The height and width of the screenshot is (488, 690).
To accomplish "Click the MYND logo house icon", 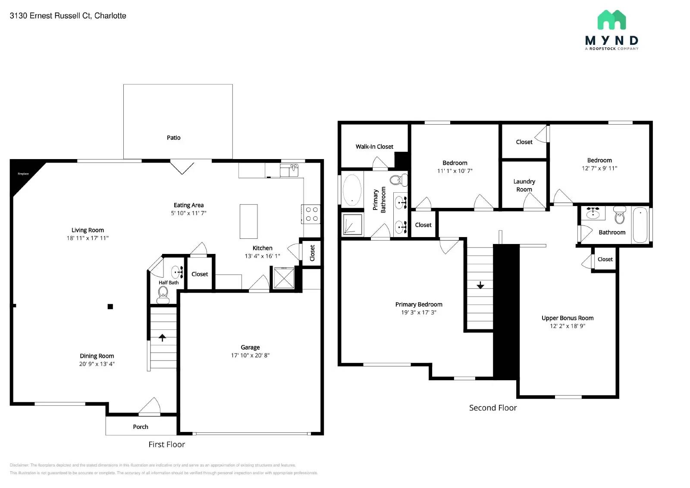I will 612,20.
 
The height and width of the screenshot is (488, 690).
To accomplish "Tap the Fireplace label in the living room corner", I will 23,174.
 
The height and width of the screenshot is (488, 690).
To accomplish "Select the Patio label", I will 173,138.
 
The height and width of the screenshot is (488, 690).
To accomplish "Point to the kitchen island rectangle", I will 248,221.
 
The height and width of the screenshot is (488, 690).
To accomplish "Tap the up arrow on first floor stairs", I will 163,338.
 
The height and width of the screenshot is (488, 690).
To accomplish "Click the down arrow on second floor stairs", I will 480,285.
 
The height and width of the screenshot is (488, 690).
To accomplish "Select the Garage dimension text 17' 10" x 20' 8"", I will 250,355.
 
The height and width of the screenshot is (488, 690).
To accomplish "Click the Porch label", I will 140,427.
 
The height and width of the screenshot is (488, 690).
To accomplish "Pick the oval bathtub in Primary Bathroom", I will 352,190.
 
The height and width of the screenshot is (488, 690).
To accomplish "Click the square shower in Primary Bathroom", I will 352,225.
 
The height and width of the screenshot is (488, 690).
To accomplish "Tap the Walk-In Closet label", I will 374,147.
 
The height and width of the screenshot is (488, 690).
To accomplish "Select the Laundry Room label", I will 524,185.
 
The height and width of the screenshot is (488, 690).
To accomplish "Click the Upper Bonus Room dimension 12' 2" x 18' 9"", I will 568,326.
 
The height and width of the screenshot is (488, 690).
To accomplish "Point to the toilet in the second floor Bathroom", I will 620,215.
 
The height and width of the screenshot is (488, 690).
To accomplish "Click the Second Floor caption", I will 492,408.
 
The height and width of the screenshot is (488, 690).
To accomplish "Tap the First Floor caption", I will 166,444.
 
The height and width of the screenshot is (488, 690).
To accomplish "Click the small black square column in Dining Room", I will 110,307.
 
